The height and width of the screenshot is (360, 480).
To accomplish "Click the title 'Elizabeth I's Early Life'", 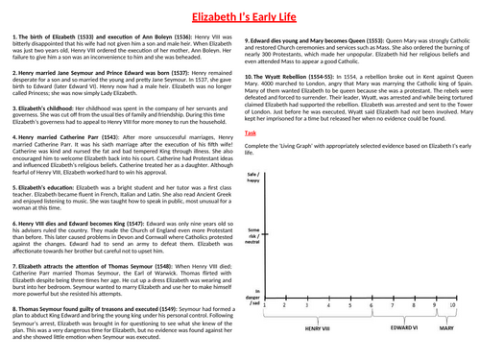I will pyautogui.click(x=240, y=14).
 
